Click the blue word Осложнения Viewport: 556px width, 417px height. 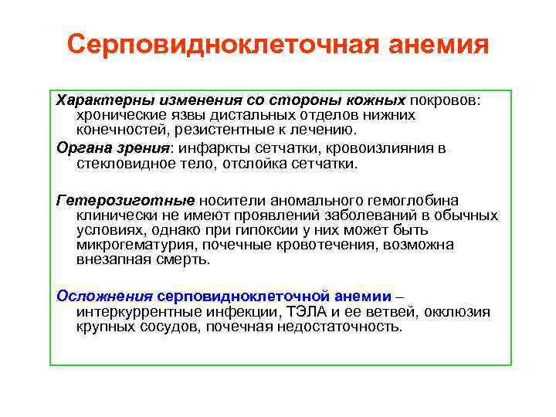pyautogui.click(x=105, y=297)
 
